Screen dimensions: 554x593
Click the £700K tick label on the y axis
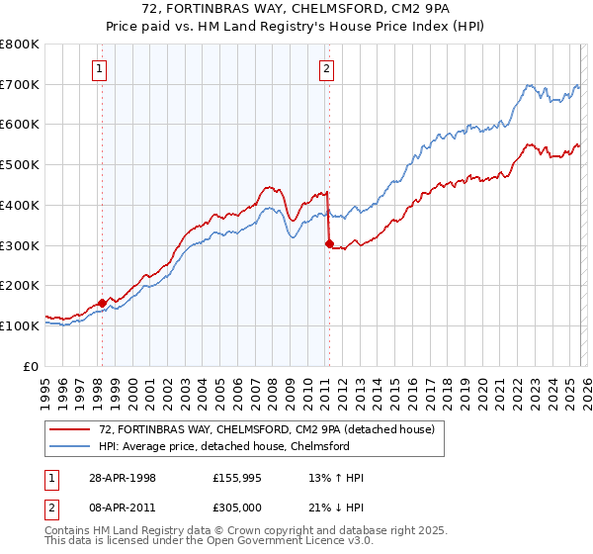point(20,84)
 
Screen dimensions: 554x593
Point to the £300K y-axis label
point(20,245)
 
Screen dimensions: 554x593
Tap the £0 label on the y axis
point(32,366)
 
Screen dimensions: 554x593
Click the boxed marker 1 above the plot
point(102,68)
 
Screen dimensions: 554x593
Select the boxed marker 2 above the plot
point(326,68)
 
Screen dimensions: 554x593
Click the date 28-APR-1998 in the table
point(122,478)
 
